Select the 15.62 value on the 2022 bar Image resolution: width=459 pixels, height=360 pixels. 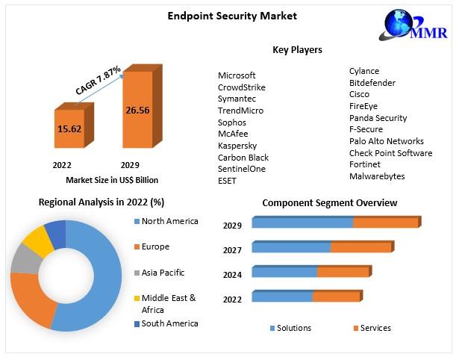69,128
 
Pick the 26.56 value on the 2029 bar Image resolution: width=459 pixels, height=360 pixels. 138,110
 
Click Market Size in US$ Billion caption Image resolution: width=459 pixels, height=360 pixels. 112,180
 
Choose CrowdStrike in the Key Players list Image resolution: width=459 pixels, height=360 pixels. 241,87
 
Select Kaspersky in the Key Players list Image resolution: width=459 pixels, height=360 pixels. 237,146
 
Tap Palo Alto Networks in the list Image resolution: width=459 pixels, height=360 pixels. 386,141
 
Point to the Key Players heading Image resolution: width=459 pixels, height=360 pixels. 297,50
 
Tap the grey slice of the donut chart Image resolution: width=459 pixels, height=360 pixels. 24,260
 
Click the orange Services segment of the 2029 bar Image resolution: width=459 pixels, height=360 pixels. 385,223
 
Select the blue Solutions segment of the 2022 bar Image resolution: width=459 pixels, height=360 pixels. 282,297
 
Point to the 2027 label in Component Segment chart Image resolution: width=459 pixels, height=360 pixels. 232,250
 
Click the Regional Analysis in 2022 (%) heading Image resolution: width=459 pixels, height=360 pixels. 102,202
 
